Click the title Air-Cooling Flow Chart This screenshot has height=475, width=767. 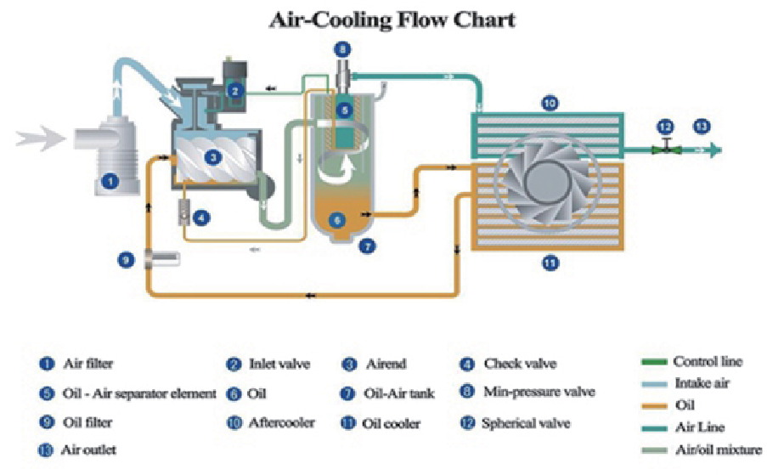point(392,19)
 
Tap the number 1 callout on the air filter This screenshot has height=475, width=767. point(109,180)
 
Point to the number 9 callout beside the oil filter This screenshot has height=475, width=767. point(127,260)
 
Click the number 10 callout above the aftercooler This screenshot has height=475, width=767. point(550,104)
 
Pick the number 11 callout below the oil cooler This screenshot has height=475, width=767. point(550,263)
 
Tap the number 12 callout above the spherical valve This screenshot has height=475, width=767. point(666,126)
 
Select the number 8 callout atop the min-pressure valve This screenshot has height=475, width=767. point(341,49)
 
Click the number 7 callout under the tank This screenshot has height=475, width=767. point(368,247)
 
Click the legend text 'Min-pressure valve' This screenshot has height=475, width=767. point(539,393)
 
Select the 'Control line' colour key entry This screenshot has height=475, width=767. point(708,362)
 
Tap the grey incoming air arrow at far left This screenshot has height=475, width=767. point(38,137)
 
